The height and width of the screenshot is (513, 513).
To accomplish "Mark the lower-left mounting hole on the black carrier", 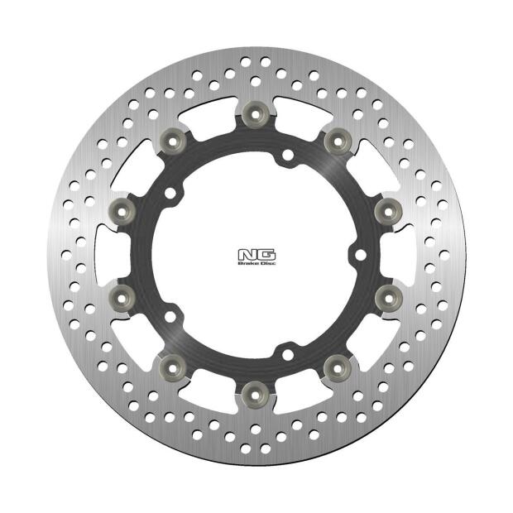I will click(x=171, y=316).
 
